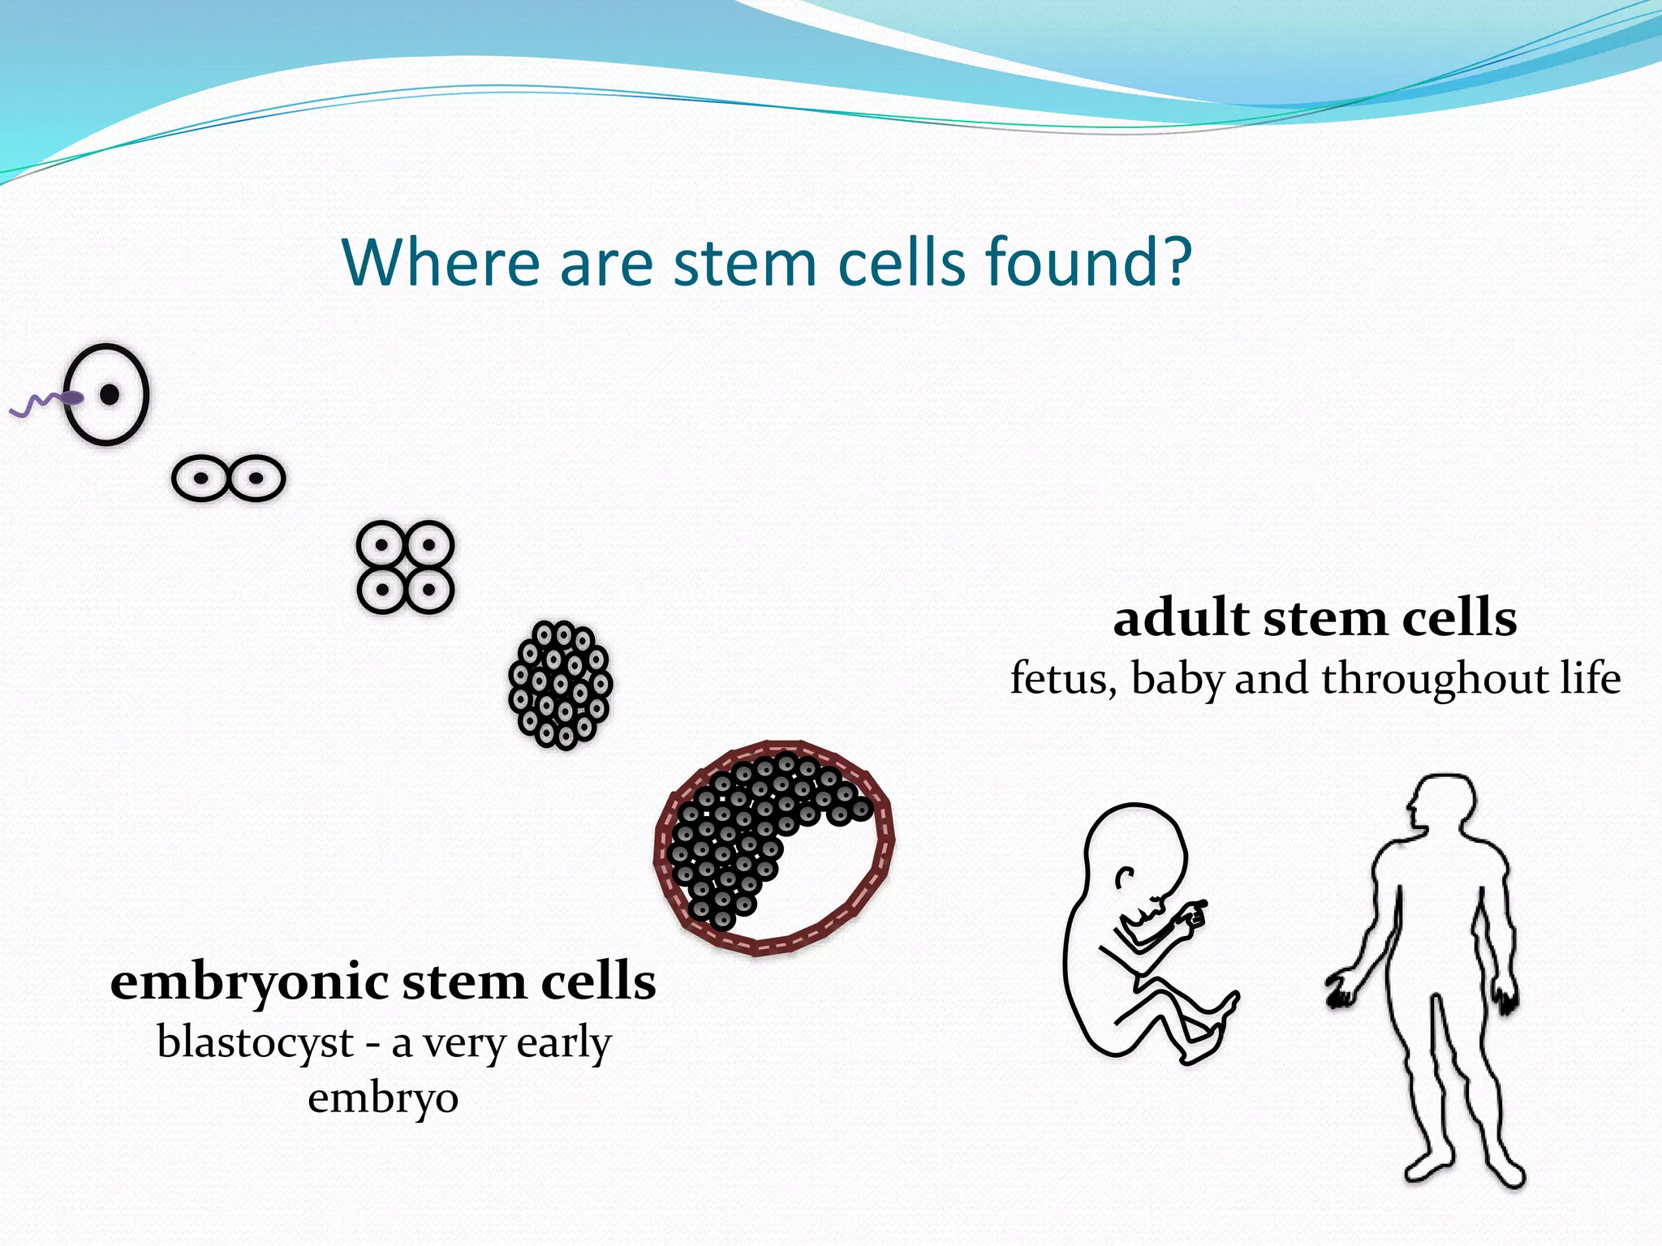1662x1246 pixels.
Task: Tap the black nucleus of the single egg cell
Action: click(x=110, y=395)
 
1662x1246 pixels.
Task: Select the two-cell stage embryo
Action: click(x=228, y=478)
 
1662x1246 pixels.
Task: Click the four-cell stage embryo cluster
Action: click(x=405, y=567)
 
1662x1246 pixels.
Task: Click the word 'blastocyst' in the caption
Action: click(x=255, y=1042)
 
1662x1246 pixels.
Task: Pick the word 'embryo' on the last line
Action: click(x=383, y=1099)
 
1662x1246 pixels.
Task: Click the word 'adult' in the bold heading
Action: click(x=1181, y=618)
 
